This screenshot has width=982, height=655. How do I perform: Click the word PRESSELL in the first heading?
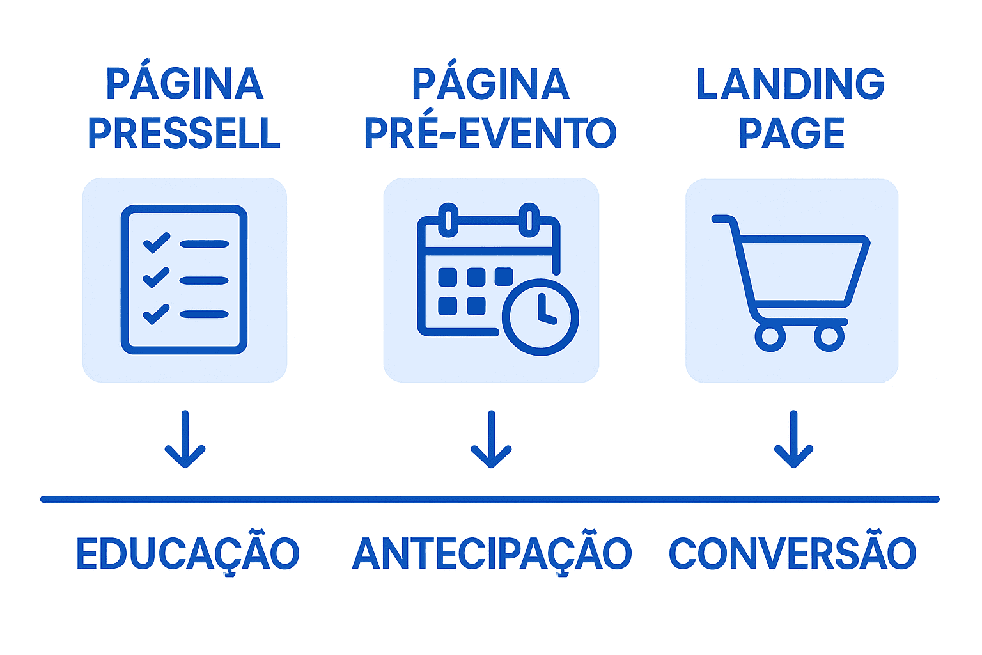click(x=184, y=133)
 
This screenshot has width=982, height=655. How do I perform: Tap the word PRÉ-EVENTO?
click(x=490, y=133)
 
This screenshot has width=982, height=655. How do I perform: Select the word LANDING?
click(x=791, y=84)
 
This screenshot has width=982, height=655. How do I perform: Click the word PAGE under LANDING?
click(x=791, y=133)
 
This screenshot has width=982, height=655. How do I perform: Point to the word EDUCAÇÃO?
click(x=188, y=554)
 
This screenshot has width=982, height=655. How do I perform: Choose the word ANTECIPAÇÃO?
click(x=492, y=554)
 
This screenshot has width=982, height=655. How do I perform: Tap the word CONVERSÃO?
click(x=792, y=554)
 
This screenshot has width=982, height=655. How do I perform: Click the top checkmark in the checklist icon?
click(x=157, y=243)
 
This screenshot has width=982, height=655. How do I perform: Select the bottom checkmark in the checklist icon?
click(x=156, y=314)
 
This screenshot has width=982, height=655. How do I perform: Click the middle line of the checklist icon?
click(x=204, y=280)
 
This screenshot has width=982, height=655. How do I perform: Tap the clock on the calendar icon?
click(x=541, y=317)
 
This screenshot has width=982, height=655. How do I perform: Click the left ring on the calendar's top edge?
click(x=448, y=219)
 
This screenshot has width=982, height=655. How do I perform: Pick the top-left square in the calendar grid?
click(x=448, y=277)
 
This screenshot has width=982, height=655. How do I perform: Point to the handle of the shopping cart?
click(x=723, y=219)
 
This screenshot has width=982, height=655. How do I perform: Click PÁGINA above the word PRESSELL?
click(x=184, y=83)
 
